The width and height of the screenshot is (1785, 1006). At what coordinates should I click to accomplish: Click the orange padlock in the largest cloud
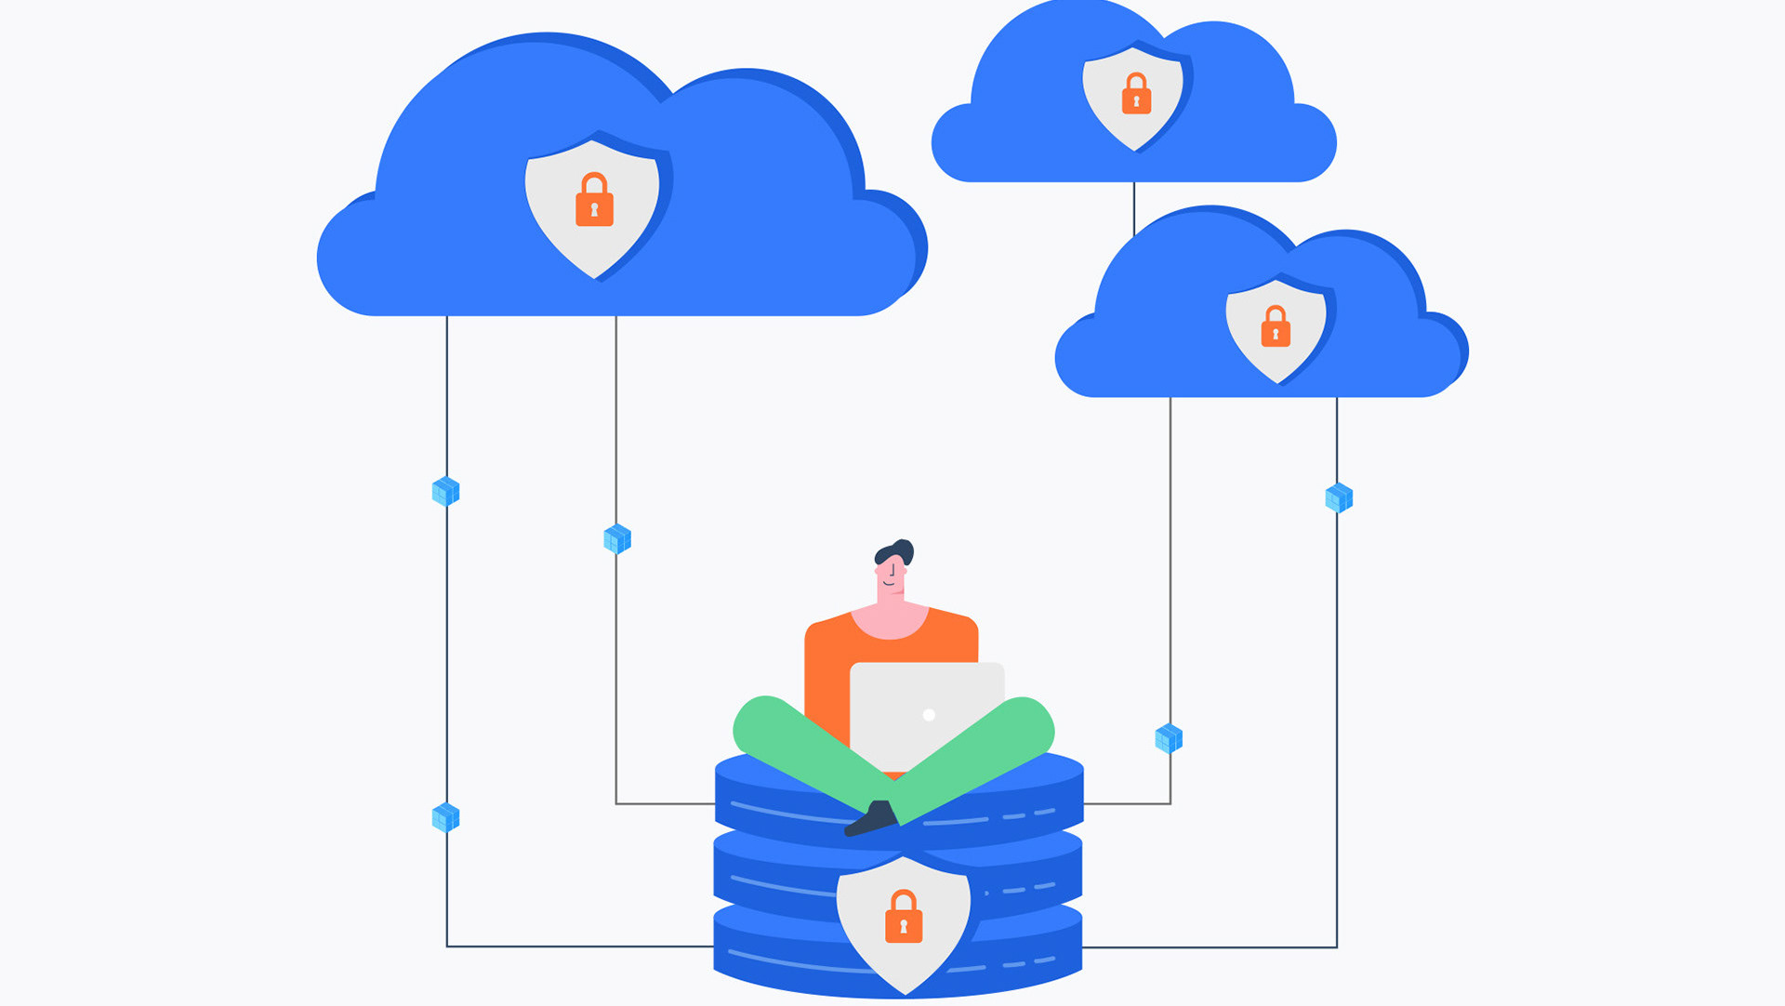594,201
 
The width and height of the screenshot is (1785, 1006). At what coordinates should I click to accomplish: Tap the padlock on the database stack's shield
903,918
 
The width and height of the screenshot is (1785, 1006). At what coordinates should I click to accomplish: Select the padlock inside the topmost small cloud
1136,95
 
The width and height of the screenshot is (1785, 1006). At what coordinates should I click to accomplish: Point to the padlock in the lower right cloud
1276,327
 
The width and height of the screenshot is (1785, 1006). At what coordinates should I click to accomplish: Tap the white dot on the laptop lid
929,715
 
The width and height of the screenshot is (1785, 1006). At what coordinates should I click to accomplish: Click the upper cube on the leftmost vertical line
446,491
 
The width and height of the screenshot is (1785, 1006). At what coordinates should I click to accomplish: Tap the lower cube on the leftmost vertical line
446,817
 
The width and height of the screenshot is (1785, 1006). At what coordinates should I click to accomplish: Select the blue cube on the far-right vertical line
1339,497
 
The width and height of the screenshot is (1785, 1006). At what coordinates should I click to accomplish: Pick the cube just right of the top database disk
1169,739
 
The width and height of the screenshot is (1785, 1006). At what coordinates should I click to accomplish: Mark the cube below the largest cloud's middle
617,538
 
